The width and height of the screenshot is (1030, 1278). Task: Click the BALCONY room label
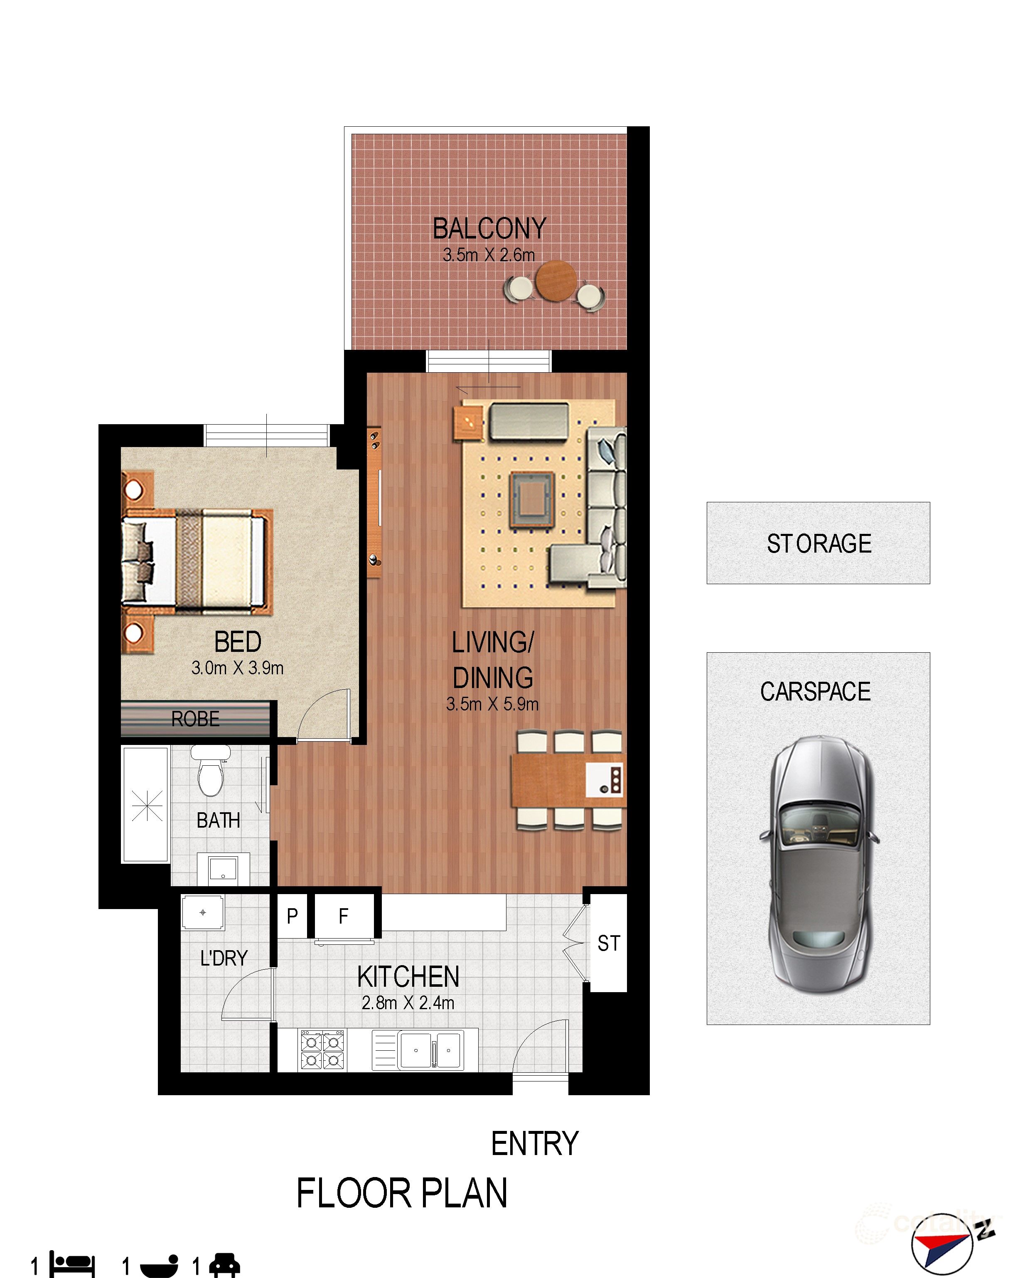[x=489, y=229]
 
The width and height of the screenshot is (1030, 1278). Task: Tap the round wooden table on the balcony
[x=556, y=280]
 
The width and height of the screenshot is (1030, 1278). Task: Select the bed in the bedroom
[x=196, y=560]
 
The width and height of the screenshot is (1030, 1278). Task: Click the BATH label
[x=219, y=820]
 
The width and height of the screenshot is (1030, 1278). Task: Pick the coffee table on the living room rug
[x=532, y=499]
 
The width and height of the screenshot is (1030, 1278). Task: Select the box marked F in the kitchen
[x=344, y=917]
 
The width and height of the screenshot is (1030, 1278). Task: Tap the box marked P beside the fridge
[x=292, y=917]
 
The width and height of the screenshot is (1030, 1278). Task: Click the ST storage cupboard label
[x=609, y=944]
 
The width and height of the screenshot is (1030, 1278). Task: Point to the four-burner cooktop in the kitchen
[x=323, y=1049]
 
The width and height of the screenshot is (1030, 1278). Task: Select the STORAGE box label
[x=819, y=543]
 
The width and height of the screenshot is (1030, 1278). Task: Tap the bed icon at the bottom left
[x=72, y=1264]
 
